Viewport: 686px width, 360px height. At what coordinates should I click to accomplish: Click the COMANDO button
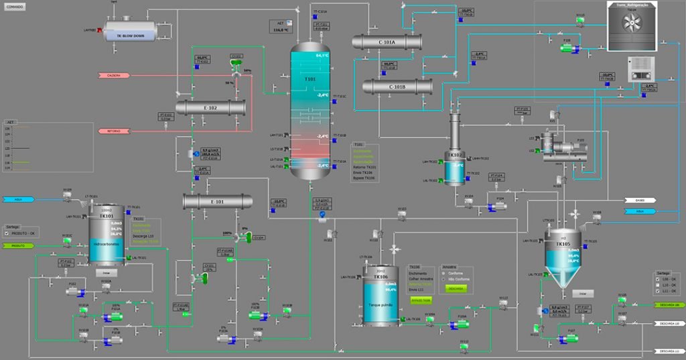tap(15, 7)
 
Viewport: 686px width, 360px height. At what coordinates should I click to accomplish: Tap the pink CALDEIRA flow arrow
tap(113, 75)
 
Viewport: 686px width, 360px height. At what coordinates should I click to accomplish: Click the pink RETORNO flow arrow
tap(113, 131)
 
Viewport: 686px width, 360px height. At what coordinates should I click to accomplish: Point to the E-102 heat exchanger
tap(210, 108)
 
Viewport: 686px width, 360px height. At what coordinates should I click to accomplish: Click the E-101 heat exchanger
tap(217, 201)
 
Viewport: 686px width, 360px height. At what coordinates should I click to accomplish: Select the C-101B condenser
tap(397, 86)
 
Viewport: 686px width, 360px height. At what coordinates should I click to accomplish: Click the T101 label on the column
tap(310, 78)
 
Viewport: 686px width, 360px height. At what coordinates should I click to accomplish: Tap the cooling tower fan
tap(632, 24)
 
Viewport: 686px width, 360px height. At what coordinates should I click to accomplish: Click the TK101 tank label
tap(107, 217)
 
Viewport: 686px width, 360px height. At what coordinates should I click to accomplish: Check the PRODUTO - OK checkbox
tap(7, 233)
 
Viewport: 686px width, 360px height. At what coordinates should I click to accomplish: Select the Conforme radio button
tap(443, 273)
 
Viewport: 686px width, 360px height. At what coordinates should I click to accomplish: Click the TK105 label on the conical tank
tap(563, 244)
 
